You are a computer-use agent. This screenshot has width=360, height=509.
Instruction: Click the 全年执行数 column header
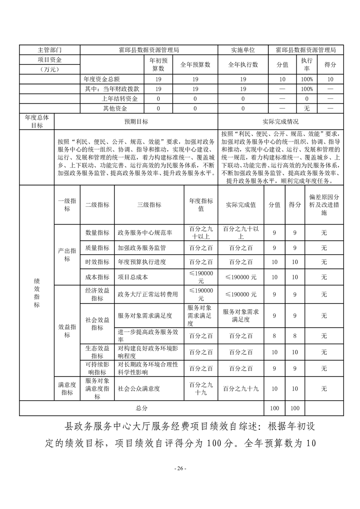click(x=243, y=64)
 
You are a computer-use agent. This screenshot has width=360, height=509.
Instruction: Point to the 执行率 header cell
click(x=306, y=64)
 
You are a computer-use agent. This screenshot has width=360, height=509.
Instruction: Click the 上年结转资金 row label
click(x=119, y=98)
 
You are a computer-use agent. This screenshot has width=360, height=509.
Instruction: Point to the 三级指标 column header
click(x=149, y=205)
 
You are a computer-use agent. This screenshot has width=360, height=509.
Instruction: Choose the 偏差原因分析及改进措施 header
click(x=324, y=205)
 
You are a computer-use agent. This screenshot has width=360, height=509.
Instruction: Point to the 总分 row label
click(x=142, y=408)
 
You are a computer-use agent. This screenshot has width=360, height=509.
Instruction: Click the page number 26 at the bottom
click(x=180, y=468)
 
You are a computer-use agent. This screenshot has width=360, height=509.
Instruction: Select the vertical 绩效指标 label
click(x=37, y=293)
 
